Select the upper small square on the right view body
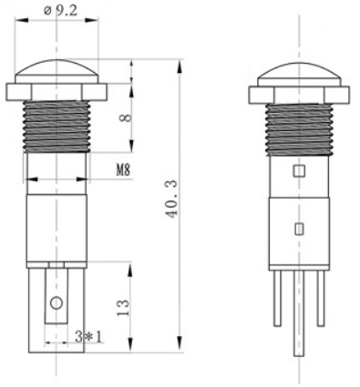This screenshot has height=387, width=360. click(x=296, y=170)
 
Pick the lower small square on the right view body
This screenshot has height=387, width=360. click(x=296, y=228)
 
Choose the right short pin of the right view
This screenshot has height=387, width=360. click(x=320, y=296)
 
